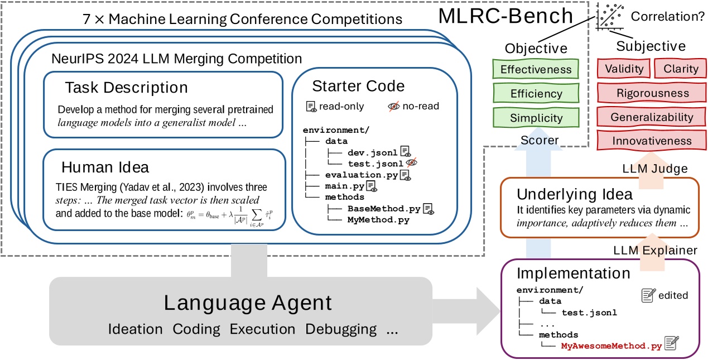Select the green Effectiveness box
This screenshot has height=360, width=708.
(536, 69)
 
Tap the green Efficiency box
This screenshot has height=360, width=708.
(536, 94)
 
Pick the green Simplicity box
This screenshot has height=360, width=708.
(536, 118)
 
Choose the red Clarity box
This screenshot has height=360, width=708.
(680, 69)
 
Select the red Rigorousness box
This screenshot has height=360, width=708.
(651, 93)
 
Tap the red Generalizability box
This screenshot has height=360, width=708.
(651, 117)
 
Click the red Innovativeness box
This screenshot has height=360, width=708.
(651, 141)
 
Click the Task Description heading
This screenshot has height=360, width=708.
(126, 88)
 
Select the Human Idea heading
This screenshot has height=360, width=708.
(105, 167)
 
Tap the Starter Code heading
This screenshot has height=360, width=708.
(358, 86)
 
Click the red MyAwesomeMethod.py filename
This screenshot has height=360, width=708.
(611, 345)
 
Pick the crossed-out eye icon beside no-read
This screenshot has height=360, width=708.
(394, 106)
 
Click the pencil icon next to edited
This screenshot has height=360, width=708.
(648, 295)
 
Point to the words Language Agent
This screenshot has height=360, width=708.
(247, 303)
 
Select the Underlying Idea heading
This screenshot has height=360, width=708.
(574, 194)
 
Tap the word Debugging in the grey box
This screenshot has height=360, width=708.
(340, 329)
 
